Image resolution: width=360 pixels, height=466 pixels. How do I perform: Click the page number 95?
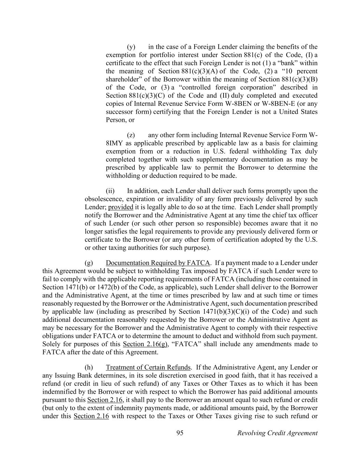tap(180, 433)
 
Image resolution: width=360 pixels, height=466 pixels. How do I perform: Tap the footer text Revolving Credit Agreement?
tap(277, 433)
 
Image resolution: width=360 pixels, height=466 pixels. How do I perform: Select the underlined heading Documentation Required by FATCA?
tap(158, 263)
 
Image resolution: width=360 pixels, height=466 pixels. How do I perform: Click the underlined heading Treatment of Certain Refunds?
tap(148, 367)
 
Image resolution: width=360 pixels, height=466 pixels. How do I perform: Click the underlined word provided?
tap(120, 207)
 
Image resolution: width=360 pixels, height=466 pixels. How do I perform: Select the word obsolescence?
tap(104, 199)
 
